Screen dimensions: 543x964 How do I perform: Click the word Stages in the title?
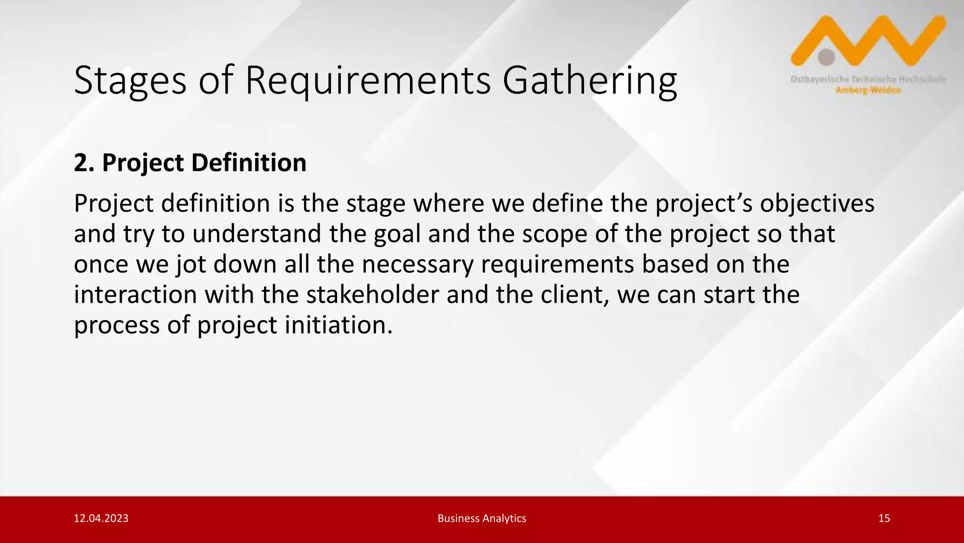[x=130, y=81]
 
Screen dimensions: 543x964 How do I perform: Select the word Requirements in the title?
[x=368, y=81]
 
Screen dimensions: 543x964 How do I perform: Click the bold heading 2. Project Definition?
[x=190, y=163]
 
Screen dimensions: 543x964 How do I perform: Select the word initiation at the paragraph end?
[x=338, y=325]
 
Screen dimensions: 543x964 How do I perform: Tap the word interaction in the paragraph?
[x=135, y=295]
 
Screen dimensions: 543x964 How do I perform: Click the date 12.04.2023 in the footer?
[x=101, y=518]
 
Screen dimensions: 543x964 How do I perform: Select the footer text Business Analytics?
[x=482, y=518]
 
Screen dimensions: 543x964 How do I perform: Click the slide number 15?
[x=884, y=518]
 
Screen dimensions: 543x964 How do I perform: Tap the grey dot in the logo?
[x=826, y=57]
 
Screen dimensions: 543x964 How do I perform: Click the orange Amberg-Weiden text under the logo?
[x=868, y=90]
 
